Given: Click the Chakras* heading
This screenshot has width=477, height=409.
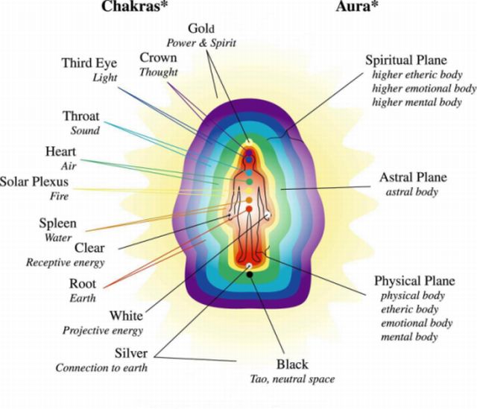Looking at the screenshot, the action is [135, 7].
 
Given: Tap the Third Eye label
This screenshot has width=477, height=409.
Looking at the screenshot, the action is [89, 63].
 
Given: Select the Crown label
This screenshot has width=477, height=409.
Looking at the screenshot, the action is [158, 57].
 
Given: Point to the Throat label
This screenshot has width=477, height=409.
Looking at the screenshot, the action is [81, 116].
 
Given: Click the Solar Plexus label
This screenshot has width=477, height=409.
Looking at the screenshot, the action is [34, 182].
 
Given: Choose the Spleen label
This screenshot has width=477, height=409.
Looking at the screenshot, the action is [58, 223].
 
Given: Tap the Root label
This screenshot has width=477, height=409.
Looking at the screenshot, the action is [83, 284].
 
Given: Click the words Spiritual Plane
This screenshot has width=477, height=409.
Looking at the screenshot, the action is [406, 60].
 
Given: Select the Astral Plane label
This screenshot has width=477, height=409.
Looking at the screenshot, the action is [413, 177].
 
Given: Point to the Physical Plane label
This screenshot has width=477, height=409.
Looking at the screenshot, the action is [414, 281].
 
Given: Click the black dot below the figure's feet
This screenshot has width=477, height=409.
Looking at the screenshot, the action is [250, 275].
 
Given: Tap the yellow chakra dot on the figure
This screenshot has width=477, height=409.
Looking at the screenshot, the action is [249, 191].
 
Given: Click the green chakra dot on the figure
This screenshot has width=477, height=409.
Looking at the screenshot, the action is [249, 182].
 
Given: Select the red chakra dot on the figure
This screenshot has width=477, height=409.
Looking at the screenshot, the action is [249, 209].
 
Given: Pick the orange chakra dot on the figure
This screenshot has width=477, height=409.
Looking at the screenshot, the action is [249, 200].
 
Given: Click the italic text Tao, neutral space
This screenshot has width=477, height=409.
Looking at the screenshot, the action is [292, 379].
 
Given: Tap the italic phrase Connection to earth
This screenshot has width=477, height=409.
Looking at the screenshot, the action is [101, 368].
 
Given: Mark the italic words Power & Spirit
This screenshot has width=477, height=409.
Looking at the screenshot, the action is [201, 43].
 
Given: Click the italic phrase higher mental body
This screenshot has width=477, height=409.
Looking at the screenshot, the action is [417, 103].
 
